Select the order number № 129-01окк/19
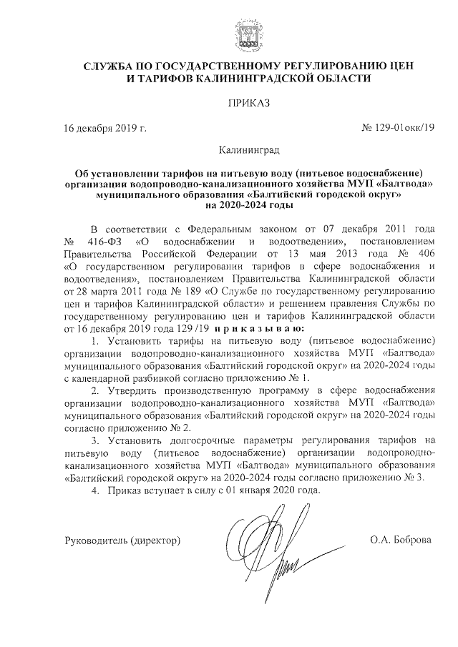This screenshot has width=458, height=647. (x=399, y=127)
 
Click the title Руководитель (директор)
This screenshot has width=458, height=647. (x=122, y=538)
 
